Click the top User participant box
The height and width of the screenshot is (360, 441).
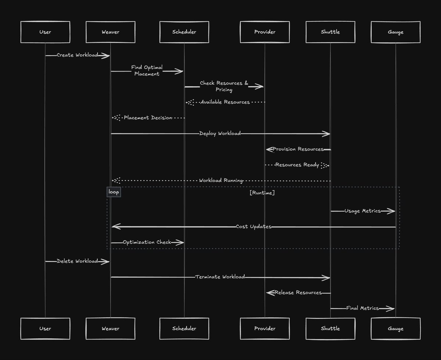[45, 32]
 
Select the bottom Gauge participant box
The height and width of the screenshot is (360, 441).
[395, 328]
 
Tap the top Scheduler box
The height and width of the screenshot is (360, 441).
[184, 32]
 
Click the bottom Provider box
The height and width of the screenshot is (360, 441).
[265, 328]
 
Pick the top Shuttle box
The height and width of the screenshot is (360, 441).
[330, 32]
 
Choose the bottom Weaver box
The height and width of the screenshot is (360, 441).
[110, 328]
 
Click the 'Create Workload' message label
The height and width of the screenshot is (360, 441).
[77, 55]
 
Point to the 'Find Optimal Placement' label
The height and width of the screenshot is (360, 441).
[147, 71]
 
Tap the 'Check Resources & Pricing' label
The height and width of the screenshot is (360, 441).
[224, 86]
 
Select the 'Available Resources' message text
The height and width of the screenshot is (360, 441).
[225, 102]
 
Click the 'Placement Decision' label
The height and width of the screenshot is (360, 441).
[148, 118]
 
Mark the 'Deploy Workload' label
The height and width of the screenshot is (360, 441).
[220, 133]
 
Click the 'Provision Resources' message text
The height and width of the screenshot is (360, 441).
[298, 149]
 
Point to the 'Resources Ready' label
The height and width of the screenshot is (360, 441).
[297, 165]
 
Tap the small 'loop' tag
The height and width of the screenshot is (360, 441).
[114, 192]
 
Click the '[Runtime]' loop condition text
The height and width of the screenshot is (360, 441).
[262, 193]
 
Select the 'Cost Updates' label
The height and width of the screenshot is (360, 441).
[253, 227]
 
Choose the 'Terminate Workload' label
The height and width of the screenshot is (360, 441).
[220, 277]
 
